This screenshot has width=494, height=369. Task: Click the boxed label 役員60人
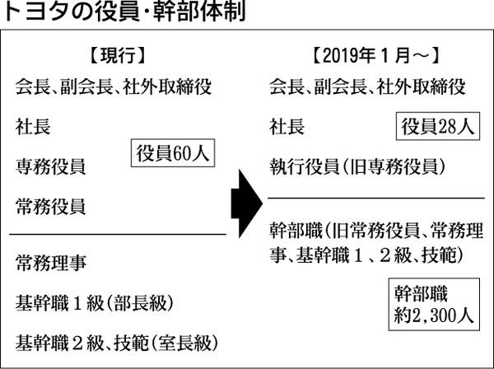[171, 154]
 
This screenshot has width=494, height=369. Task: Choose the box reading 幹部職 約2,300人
[433, 302]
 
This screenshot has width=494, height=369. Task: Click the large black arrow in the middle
[247, 194]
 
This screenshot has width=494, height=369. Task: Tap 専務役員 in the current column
[50, 166]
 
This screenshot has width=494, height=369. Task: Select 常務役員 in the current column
[50, 206]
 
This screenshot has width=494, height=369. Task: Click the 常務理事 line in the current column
[50, 264]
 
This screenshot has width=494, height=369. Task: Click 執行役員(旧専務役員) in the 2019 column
[357, 166]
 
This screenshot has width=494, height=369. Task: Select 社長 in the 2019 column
[286, 127]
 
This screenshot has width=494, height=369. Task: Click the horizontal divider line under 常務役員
[115, 234]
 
